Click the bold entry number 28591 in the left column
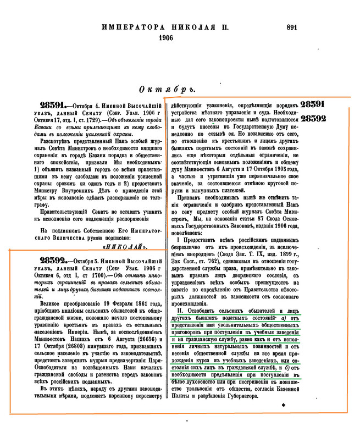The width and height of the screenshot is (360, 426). coord(53,104)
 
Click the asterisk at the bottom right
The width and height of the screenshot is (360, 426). coord(284,405)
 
